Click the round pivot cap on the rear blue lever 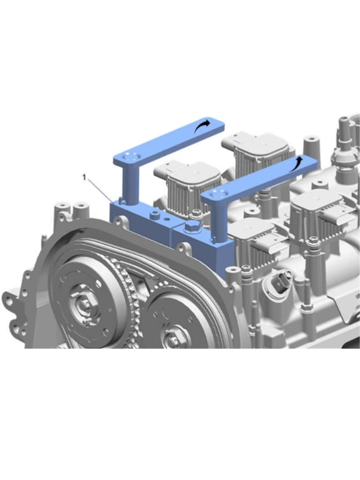click(129, 156)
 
